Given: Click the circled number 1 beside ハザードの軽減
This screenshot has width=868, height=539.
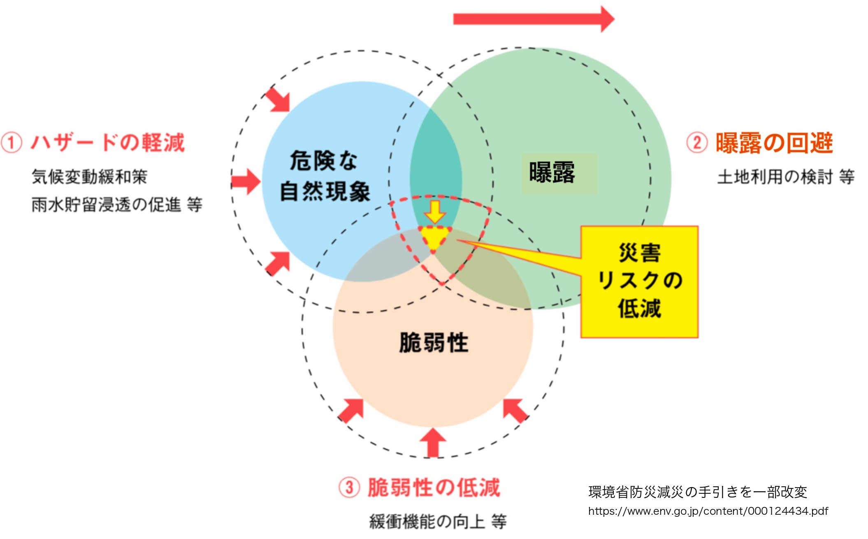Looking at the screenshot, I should [11, 143].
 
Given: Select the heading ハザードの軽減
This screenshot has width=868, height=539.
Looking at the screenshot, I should [108, 143].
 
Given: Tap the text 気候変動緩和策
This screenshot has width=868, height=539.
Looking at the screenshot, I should [89, 177].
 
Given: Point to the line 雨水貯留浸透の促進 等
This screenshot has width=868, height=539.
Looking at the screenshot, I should [117, 204].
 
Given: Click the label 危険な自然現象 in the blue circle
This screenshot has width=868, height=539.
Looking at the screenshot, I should [325, 176].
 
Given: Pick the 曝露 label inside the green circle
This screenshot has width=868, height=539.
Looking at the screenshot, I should [552, 172].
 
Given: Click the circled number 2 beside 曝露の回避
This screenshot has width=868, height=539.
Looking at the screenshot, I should [697, 143].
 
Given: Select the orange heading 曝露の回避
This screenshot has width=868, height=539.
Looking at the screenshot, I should [774, 143].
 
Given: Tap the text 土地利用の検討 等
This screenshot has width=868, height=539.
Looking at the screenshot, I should [786, 177].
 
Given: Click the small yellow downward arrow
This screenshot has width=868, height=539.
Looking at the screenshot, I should [435, 211].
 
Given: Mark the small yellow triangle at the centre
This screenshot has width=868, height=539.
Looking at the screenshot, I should [434, 237].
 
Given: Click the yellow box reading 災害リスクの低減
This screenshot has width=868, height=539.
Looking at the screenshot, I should [639, 281].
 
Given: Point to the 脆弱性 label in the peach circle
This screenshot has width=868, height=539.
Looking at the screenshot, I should [434, 342].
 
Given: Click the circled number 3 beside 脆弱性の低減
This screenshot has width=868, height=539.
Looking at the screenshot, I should [349, 487].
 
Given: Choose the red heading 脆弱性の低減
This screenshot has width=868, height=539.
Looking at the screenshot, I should [434, 487].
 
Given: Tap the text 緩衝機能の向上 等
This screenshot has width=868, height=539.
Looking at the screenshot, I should [438, 521].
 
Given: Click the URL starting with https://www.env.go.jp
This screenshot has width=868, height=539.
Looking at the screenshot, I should [708, 511].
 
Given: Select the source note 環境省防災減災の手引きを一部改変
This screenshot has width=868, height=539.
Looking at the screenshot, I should [698, 492].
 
